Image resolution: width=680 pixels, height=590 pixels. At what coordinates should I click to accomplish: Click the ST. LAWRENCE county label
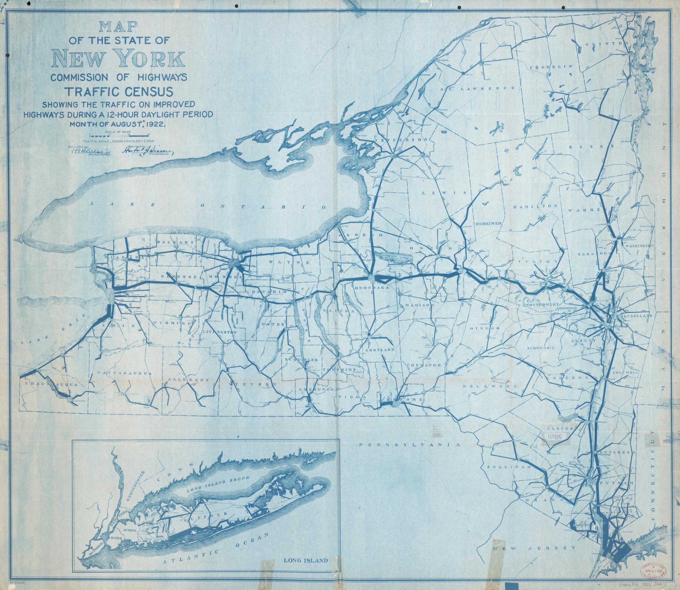(x=478, y=89)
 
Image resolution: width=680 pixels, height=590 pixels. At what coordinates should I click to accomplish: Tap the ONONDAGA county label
(x=372, y=287)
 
